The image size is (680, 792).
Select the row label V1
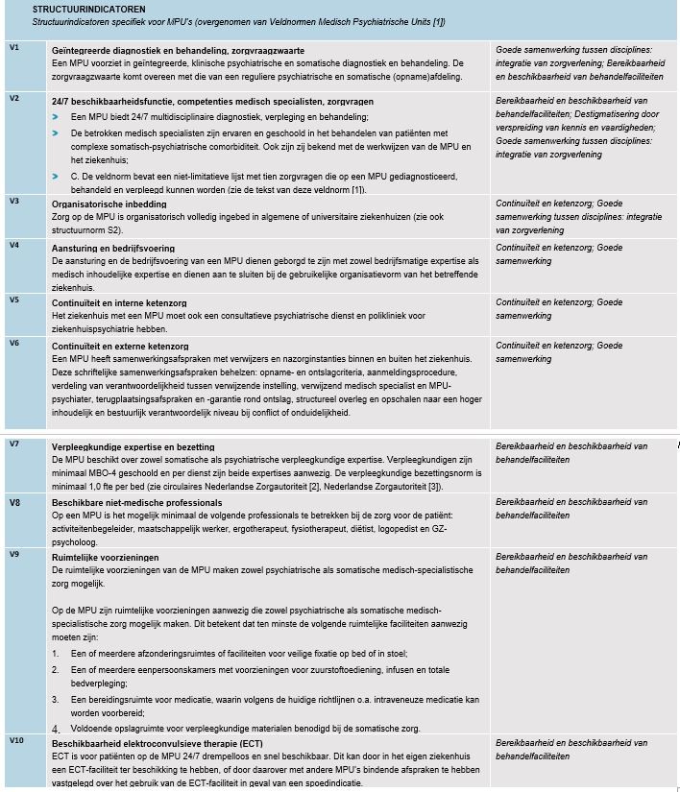(13, 47)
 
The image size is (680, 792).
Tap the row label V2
(13, 98)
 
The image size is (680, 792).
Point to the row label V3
(13, 201)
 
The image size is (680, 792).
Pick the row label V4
(13, 246)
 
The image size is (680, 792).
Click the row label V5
(13, 299)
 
